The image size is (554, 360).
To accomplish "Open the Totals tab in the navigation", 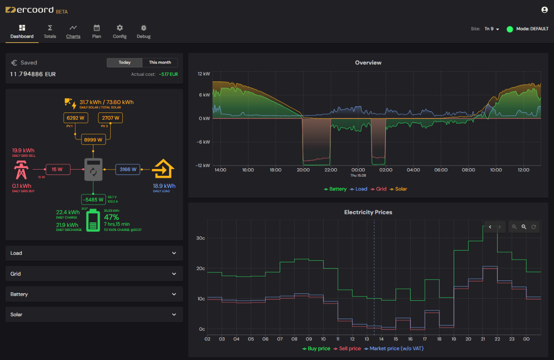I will click(50, 32).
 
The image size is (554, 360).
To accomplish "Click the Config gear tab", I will click(120, 32).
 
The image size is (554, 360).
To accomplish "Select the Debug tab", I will click(144, 32).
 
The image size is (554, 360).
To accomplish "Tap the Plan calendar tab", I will click(97, 32).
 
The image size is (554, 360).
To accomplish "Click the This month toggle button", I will click(160, 63).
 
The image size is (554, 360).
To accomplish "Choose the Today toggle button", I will click(124, 63).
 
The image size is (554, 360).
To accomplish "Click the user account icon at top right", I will click(544, 10).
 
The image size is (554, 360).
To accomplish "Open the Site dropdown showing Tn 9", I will click(491, 29).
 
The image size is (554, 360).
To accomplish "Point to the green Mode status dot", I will click(510, 29).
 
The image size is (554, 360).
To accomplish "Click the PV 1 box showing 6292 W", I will click(76, 118).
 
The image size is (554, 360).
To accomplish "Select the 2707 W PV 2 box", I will click(110, 118).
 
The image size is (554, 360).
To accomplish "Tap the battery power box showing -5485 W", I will click(93, 199).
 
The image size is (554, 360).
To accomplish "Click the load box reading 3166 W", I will click(128, 170).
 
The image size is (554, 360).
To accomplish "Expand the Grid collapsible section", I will click(94, 274).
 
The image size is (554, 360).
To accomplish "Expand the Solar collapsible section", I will click(94, 314).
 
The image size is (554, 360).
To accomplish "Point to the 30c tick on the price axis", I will click(200, 238).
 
